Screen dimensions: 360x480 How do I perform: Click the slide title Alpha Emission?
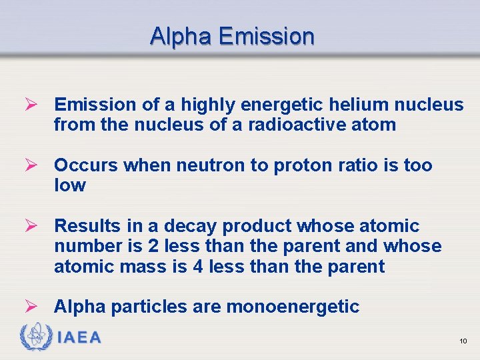(x=232, y=36)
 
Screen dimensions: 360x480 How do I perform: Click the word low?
(x=69, y=185)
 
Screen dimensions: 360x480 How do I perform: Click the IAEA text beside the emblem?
(x=80, y=337)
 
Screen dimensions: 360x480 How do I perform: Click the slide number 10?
(x=463, y=341)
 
